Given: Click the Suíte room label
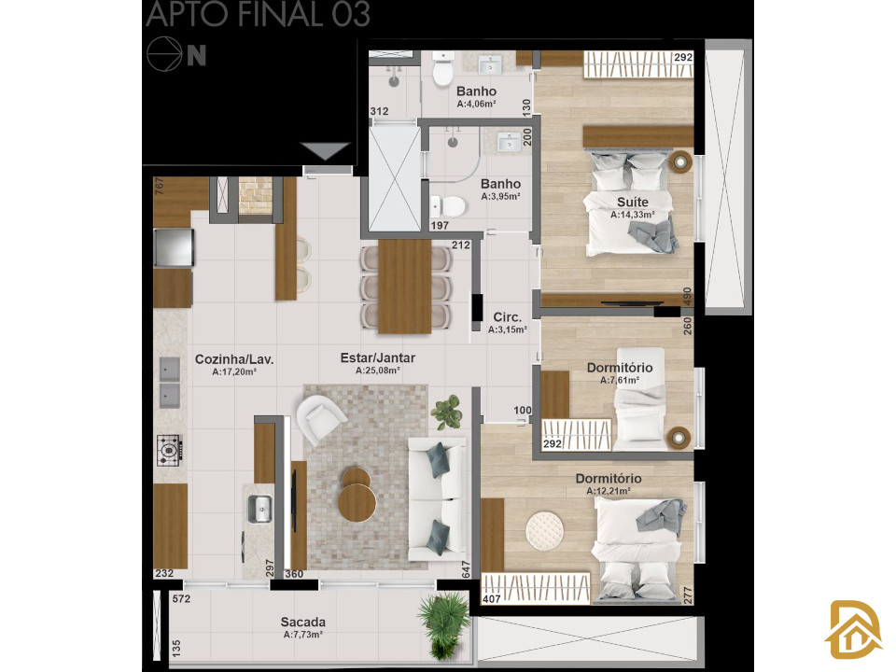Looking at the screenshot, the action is (x=633, y=202).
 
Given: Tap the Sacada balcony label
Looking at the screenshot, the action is (x=302, y=622).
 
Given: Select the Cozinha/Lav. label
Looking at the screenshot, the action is (x=234, y=359).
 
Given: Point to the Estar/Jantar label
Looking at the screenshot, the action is (x=378, y=357).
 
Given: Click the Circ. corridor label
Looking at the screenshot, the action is (x=508, y=317).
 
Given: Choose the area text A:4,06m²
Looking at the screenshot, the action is (x=477, y=104).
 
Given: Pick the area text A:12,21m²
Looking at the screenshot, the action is (x=609, y=491).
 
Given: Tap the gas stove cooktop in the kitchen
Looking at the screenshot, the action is (x=170, y=450).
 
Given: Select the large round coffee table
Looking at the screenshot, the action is (x=357, y=503).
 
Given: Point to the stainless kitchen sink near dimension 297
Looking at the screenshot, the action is (x=260, y=509).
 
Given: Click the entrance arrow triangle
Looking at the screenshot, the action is (x=325, y=151).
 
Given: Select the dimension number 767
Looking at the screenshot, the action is (x=160, y=186).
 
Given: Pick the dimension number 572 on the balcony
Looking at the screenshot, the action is (x=182, y=599).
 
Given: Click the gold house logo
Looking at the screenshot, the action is (x=852, y=630).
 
